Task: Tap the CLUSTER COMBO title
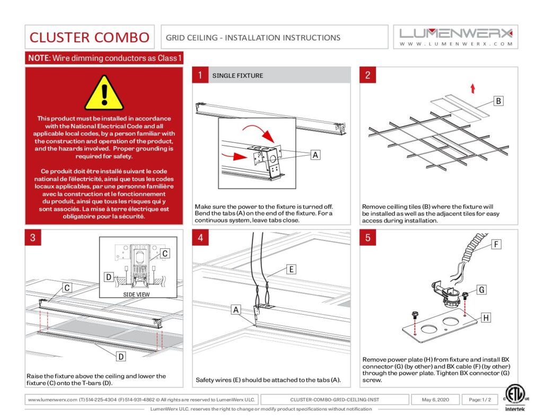pyautogui.click(x=90, y=37)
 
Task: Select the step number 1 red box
pyautogui.click(x=200, y=75)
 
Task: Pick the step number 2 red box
pyautogui.click(x=367, y=75)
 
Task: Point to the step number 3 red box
pyautogui.click(x=33, y=237)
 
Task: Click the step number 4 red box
pyautogui.click(x=200, y=237)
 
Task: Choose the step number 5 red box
pyautogui.click(x=367, y=237)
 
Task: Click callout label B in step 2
pyautogui.click(x=498, y=101)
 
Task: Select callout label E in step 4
pyautogui.click(x=291, y=269)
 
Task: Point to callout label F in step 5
pyautogui.click(x=496, y=245)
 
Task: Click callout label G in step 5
pyautogui.click(x=481, y=290)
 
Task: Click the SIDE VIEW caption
pyautogui.click(x=136, y=294)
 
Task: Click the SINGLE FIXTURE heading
pyautogui.click(x=238, y=76)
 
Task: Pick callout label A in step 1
pyautogui.click(x=315, y=155)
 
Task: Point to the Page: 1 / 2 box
pyautogui.click(x=477, y=399)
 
